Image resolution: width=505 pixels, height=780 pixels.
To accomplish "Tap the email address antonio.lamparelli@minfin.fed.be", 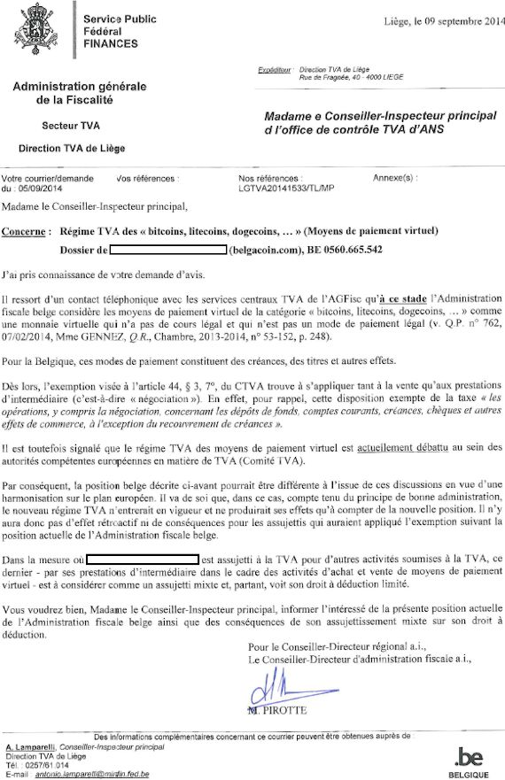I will tap(89, 776).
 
